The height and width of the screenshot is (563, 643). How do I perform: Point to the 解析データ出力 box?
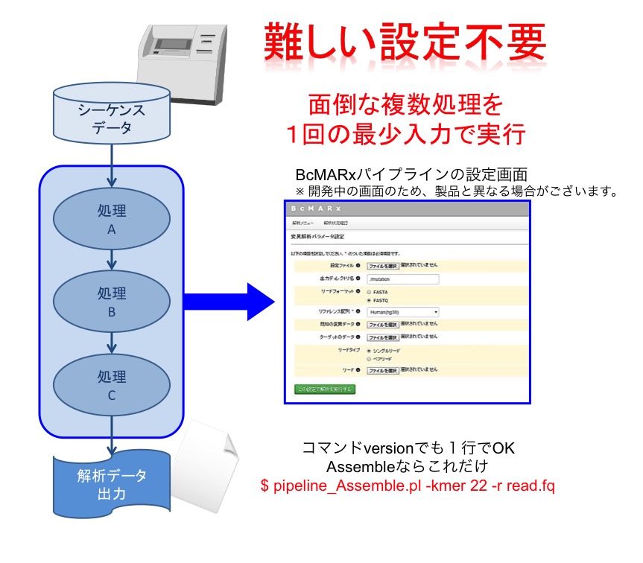pos(110,484)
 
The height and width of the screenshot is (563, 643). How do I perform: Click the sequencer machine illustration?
pos(182,57)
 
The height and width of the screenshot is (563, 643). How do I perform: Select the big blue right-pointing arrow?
pos(230,301)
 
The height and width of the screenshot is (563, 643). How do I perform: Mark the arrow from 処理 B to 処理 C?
pos(112,343)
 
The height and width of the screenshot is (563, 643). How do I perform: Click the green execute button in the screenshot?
pos(325,389)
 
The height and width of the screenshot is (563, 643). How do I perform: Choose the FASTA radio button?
pos(369,293)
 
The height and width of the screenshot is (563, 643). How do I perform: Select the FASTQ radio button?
pos(369,300)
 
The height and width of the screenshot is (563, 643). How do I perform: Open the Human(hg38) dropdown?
pos(402,313)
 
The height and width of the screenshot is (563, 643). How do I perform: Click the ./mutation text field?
pos(402,279)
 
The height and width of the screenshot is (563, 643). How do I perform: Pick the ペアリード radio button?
pos(369,358)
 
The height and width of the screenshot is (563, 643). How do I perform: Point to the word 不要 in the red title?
pos(500,42)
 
